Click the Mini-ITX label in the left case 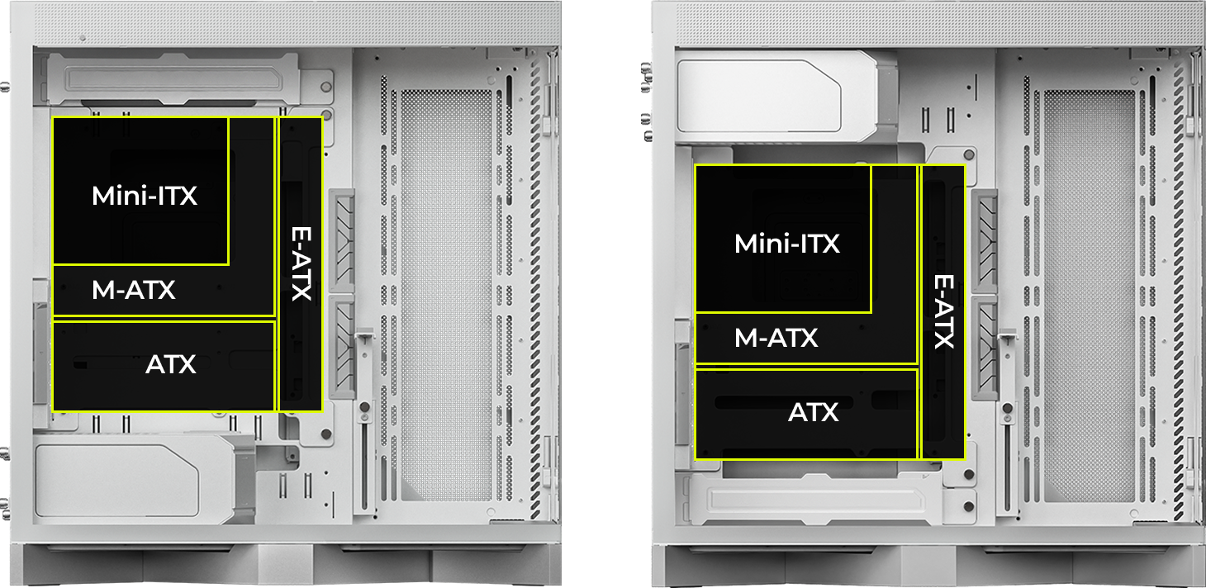coord(145,196)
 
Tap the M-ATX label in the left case coord(134,290)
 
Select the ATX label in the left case coord(171,364)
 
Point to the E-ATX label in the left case coord(301,263)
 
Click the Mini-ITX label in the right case coord(787,244)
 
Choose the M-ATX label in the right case coord(776,338)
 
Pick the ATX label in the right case coord(814,412)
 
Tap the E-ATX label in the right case coord(944,311)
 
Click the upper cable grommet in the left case coord(342,240)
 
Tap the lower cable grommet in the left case coord(342,347)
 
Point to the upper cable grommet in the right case coord(985,240)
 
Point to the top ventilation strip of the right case coord(940,23)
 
